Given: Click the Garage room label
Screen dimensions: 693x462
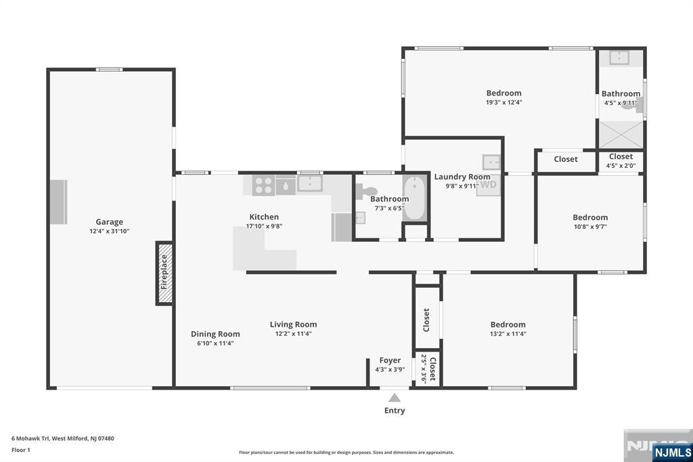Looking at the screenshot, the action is [x=109, y=222].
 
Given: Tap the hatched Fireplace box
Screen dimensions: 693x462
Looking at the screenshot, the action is [x=164, y=273].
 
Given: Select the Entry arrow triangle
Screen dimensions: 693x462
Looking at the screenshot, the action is [x=395, y=398].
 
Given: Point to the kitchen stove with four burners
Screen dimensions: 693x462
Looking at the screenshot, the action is [x=263, y=185].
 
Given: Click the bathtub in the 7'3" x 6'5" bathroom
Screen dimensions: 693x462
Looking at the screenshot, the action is [x=415, y=197].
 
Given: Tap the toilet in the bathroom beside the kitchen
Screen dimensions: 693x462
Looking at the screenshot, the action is [x=365, y=192].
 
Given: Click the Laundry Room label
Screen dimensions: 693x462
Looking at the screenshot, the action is [x=462, y=177].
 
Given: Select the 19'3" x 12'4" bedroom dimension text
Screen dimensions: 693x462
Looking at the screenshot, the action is [x=504, y=102].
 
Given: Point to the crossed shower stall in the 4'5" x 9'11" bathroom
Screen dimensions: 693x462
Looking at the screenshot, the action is [x=621, y=135].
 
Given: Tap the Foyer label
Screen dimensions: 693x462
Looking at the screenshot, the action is [x=390, y=360].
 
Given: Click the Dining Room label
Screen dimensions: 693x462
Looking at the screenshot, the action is [x=215, y=334].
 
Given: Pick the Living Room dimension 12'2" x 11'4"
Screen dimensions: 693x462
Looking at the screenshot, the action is [x=294, y=334].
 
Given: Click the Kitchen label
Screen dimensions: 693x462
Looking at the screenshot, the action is [x=264, y=217].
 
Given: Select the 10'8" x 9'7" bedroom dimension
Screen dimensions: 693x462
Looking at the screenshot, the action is [x=590, y=226].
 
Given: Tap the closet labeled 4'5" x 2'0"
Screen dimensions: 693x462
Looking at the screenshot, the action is [x=621, y=161].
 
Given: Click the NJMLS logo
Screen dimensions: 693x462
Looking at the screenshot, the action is [x=672, y=452].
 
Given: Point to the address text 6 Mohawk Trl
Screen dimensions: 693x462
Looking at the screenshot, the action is [x=30, y=438].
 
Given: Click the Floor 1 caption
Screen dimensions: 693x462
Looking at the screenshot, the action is [x=21, y=450].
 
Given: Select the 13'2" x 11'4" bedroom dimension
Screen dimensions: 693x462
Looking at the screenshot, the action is [x=508, y=334].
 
